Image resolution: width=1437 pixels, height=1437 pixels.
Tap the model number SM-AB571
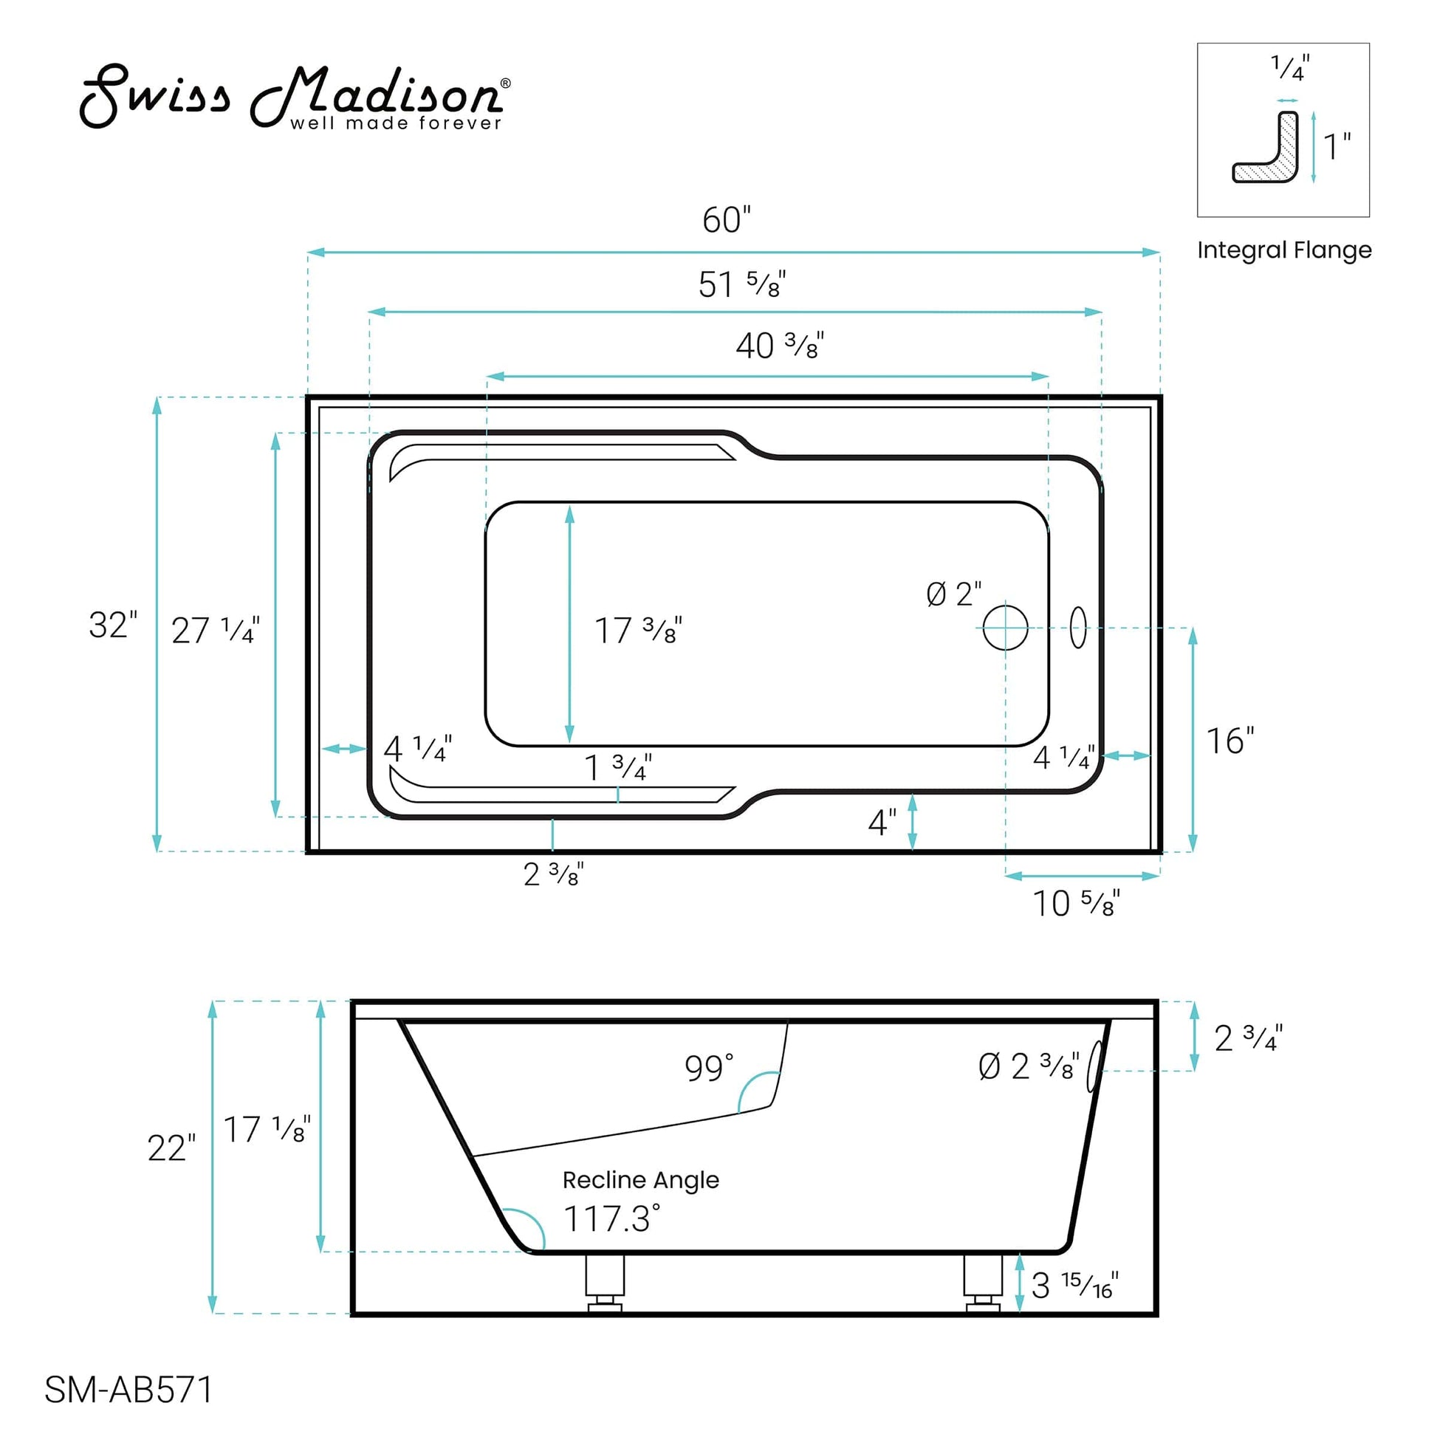coord(128,1389)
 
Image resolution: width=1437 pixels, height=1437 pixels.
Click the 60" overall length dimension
coord(726,220)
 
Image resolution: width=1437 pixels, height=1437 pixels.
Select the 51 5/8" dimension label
coord(741,284)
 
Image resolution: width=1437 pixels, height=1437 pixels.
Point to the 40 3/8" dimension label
coord(780,346)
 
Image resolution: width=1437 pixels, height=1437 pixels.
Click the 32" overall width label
coord(113,625)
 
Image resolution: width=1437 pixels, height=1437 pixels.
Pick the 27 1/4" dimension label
coord(215,631)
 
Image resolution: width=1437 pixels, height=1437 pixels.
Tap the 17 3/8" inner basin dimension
coord(637,631)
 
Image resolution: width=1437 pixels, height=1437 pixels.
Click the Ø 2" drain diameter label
coord(953,594)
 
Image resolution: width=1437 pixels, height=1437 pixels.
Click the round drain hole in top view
coord(1005,628)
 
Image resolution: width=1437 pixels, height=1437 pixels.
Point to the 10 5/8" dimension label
coord(1075,904)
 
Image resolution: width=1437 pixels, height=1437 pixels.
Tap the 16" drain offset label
coord(1229,741)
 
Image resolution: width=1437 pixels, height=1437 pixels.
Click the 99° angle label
coord(709,1069)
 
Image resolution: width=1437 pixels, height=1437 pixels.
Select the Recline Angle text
coord(640,1180)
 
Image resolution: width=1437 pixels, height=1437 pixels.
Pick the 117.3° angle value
coord(611,1219)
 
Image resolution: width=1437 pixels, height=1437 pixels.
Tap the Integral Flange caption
coord(1284,250)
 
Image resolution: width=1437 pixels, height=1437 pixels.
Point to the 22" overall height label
coord(171,1148)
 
